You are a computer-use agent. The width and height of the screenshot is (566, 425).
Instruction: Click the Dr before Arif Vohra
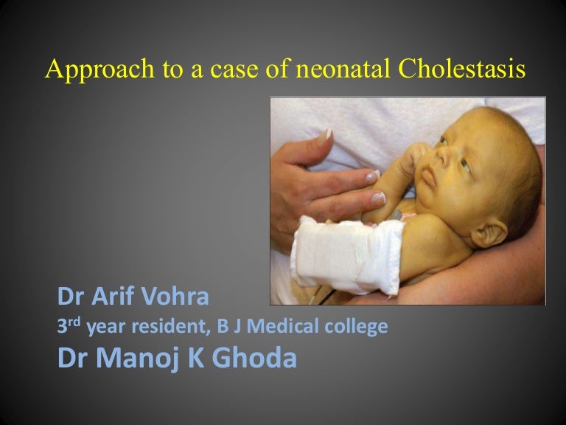click(74, 299)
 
